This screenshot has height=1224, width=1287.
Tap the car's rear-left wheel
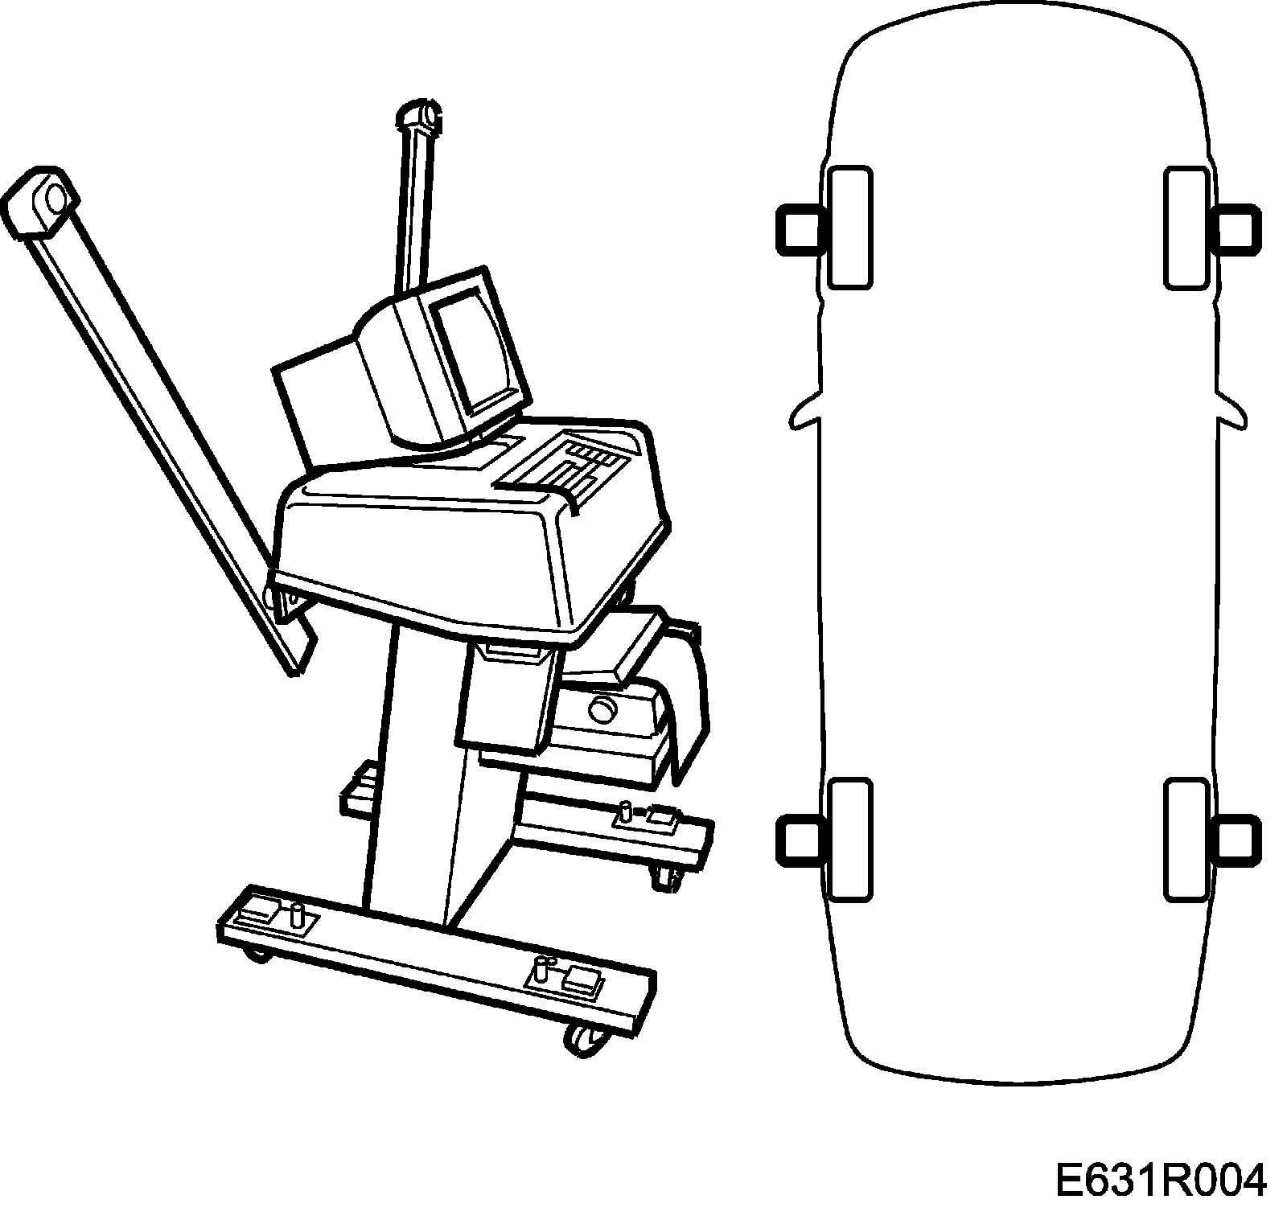click(x=849, y=838)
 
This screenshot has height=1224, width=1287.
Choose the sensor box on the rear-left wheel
click(x=796, y=840)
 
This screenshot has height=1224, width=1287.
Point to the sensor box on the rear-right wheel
click(x=1240, y=840)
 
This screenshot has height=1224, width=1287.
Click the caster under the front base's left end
click(x=256, y=955)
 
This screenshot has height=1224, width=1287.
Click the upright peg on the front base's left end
click(x=298, y=915)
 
